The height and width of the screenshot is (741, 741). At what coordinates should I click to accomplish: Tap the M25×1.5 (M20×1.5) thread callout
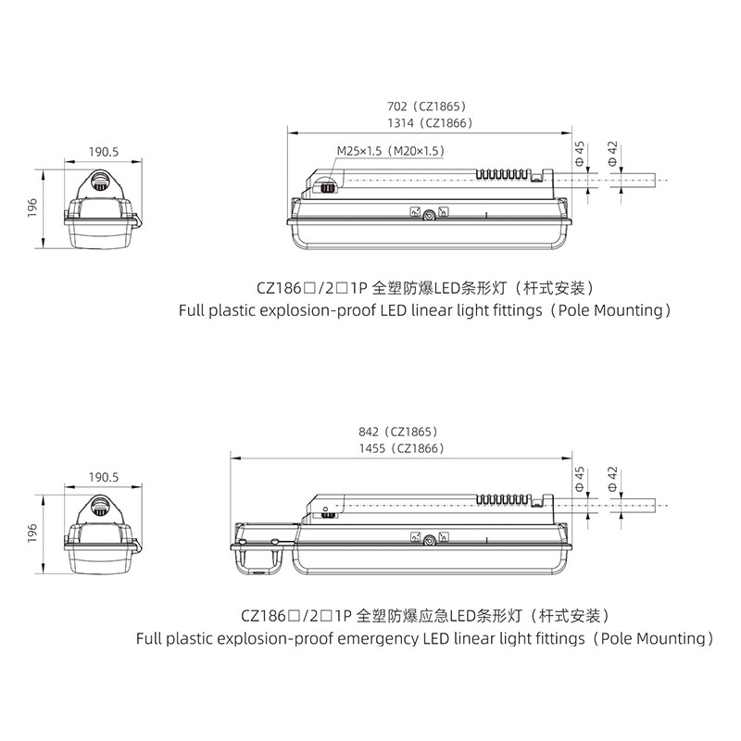click(x=390, y=150)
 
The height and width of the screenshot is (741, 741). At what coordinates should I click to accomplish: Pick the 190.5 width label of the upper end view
click(x=105, y=151)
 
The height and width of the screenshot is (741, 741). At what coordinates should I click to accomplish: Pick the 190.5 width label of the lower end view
click(x=104, y=478)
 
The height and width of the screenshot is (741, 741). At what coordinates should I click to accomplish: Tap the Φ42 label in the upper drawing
click(x=612, y=153)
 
